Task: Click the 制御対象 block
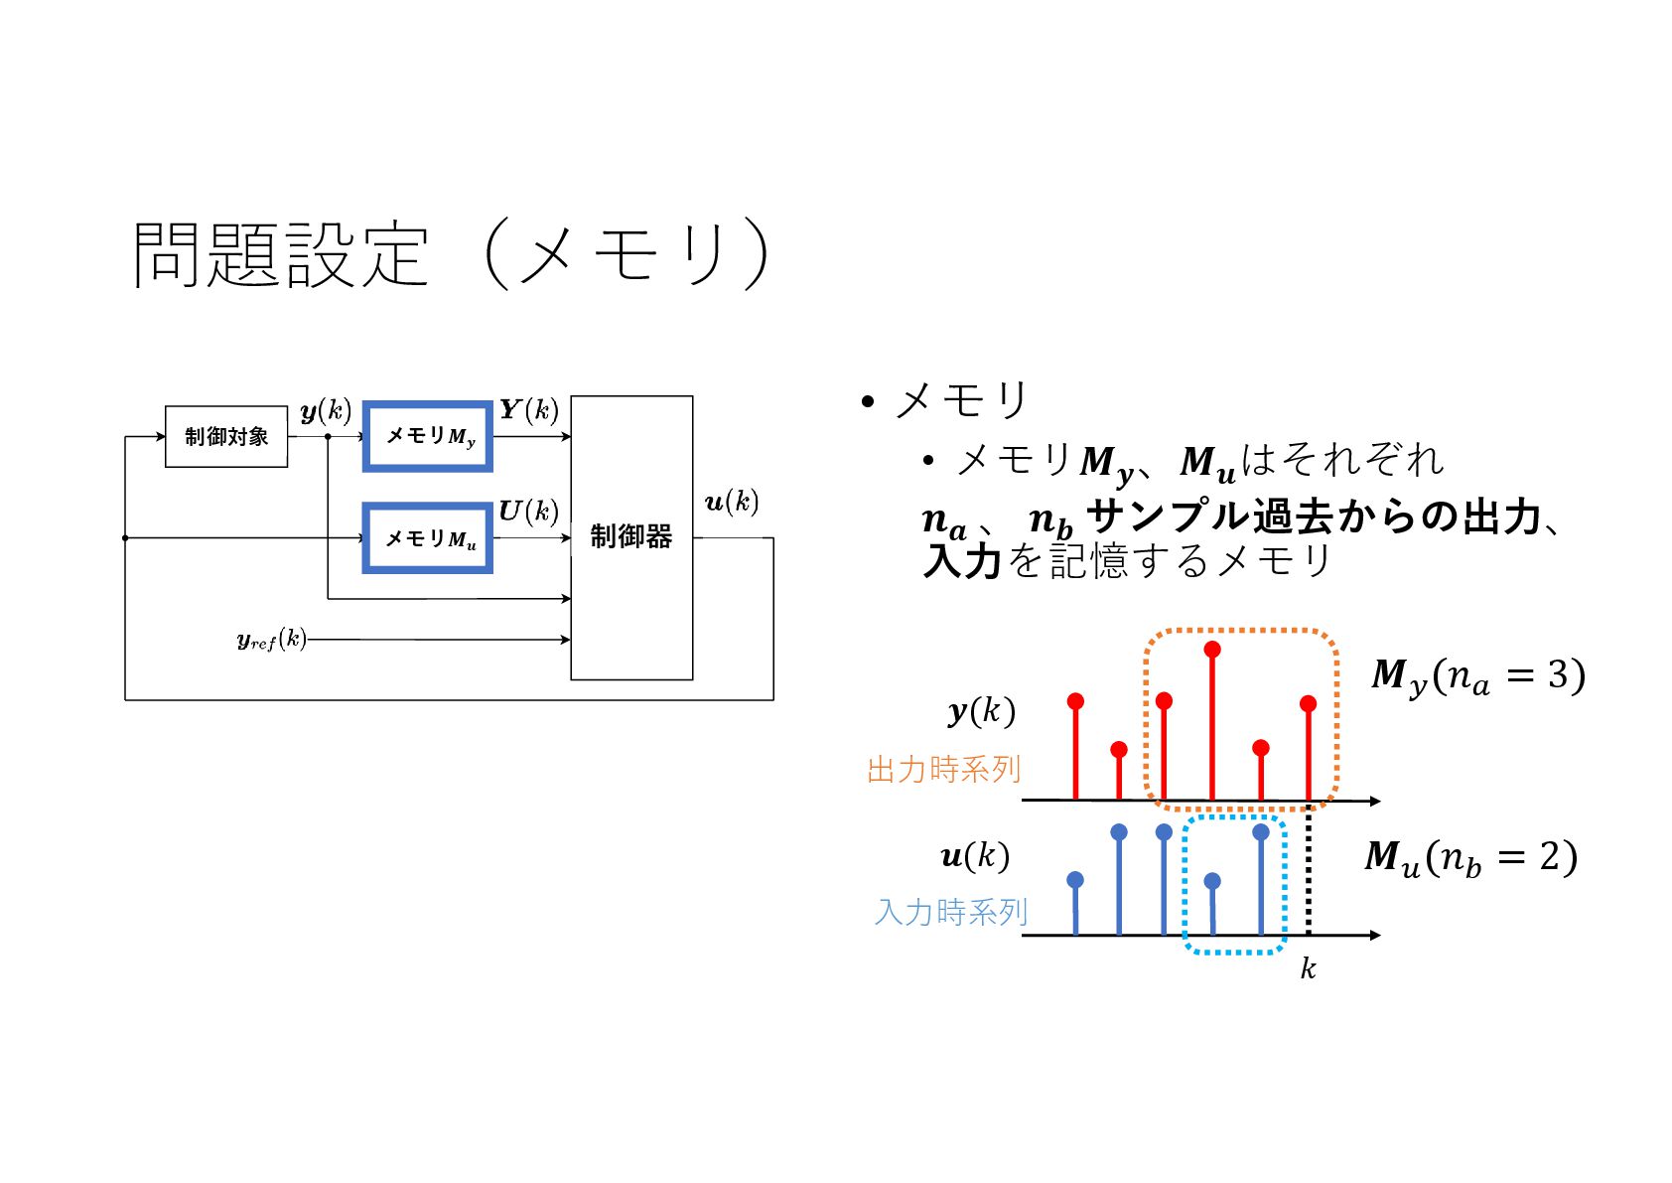point(226,437)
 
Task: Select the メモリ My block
point(428,436)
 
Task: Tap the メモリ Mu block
point(428,538)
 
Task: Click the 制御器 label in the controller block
point(631,537)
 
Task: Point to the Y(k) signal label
point(528,410)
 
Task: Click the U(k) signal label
point(528,512)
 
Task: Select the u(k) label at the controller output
point(732,502)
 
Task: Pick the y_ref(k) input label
point(271,640)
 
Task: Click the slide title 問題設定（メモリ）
point(452,254)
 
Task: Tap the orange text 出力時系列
point(943,770)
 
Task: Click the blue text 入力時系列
point(950,912)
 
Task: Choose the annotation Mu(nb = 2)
point(1470,858)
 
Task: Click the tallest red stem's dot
point(1212,650)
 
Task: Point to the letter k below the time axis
point(1309,969)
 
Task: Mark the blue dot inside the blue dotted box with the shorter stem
point(1212,881)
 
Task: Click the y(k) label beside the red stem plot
point(981,711)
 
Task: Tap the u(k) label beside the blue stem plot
point(975,856)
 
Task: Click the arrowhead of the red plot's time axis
point(1375,801)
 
